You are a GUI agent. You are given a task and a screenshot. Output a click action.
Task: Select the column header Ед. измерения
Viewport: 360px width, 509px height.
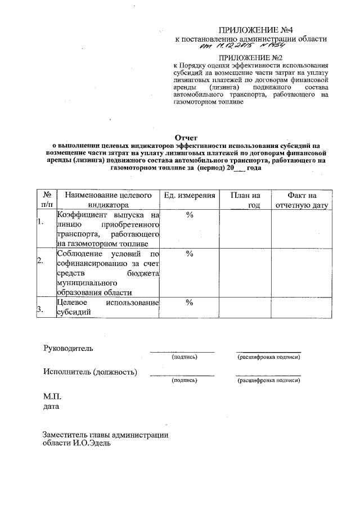[x=190, y=195]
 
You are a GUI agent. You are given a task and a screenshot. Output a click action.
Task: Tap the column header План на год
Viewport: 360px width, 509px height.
[x=245, y=200]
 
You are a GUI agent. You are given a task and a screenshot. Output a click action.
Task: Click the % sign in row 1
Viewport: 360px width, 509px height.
[x=190, y=217]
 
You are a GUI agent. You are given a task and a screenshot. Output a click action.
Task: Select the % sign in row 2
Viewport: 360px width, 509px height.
[x=190, y=254]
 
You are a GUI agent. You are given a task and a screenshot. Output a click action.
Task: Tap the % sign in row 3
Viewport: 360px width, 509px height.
[x=190, y=303]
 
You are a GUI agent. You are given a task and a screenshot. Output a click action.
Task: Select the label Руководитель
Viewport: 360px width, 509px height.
[x=68, y=348]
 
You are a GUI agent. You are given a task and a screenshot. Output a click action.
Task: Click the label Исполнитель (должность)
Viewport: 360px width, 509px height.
[x=90, y=371]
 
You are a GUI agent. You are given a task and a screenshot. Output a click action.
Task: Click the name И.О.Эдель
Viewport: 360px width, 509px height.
[x=91, y=443]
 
